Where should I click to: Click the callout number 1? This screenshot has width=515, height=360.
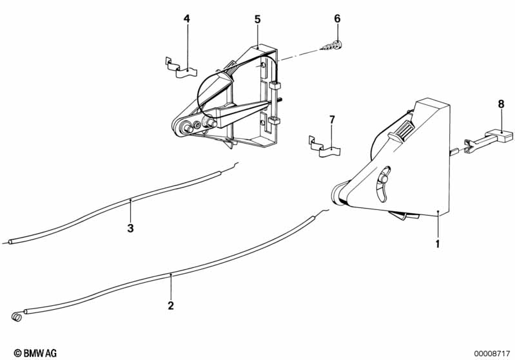pos(438,244)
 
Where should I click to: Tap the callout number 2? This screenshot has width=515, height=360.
pos(170,306)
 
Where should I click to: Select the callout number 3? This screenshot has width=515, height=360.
pos(130,228)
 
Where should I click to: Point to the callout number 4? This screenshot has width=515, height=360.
pos(186,19)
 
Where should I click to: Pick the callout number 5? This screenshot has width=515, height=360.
pos(258,19)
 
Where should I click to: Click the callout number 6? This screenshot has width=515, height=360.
pos(337,19)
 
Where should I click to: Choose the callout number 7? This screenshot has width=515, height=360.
pos(332,120)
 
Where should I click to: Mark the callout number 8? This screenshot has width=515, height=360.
pos(501,104)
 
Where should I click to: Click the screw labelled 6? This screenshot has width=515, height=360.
pos(331,46)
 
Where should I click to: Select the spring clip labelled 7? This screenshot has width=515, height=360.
pos(324,147)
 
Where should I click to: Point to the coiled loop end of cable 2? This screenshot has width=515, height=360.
pos(17,317)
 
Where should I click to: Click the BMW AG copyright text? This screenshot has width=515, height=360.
pos(35,353)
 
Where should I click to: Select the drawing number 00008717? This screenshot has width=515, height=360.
pos(492,354)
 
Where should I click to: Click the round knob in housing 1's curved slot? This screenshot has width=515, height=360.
pos(384,179)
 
